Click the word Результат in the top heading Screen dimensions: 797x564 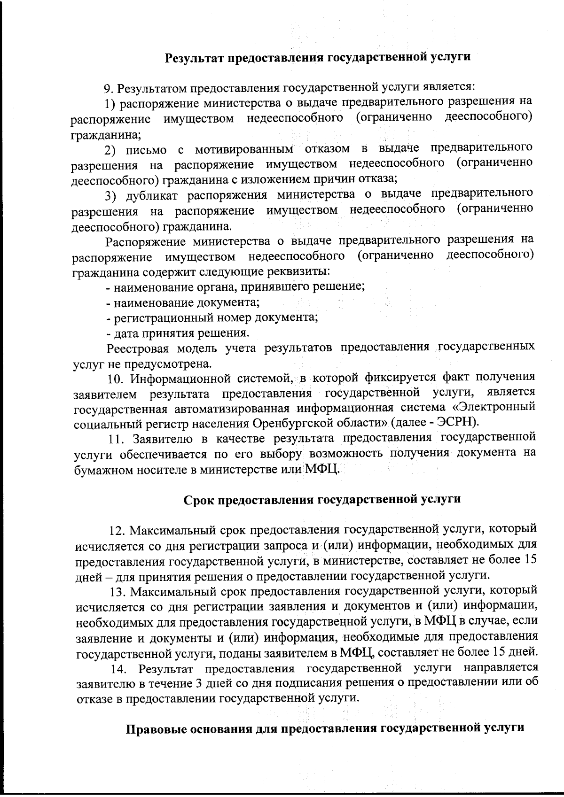pos(193,58)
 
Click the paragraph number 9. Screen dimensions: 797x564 pos(108,88)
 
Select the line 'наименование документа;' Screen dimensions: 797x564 pos(183,302)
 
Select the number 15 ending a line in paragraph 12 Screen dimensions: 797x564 pos(530,559)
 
